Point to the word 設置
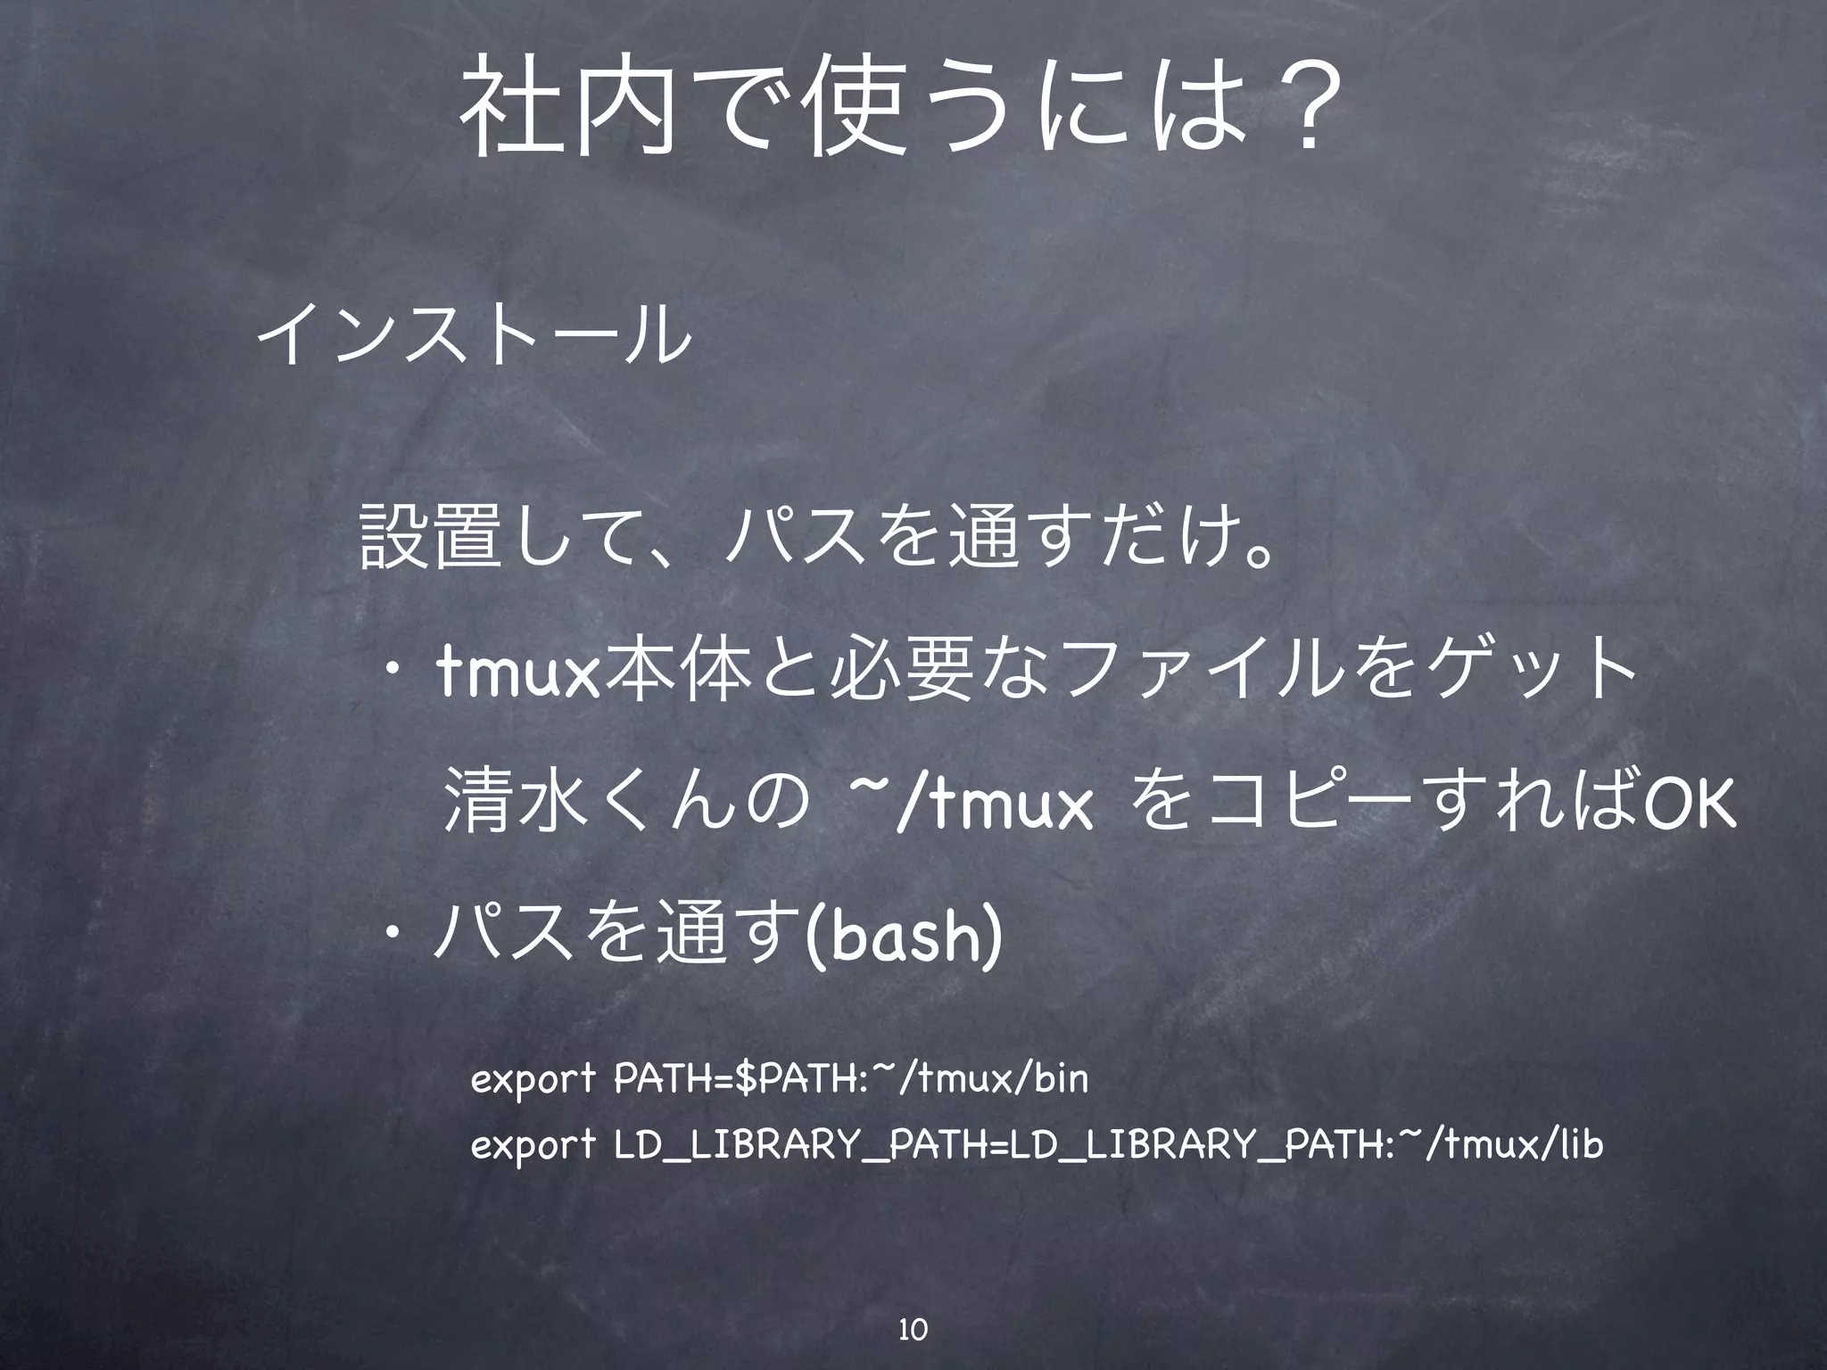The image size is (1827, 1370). (426, 538)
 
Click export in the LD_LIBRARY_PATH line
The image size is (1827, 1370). (532, 1146)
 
